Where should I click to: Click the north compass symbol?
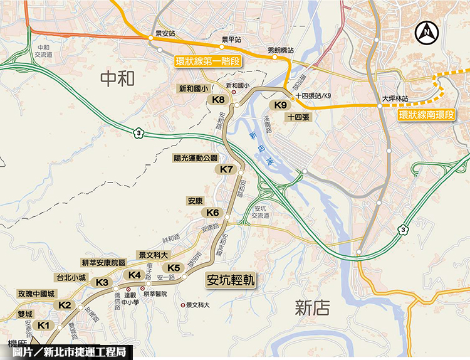coord(428,29)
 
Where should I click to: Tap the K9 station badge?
coord(281,105)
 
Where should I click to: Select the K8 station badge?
coord(219,100)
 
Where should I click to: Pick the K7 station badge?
coord(227,169)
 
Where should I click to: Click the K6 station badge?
coord(213,213)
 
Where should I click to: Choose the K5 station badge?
coord(174,268)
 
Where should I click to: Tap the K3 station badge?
coord(103,282)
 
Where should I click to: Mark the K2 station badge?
coord(65,305)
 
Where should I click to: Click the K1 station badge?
coord(43,325)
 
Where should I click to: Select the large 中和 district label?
coord(117,78)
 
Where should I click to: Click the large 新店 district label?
coord(312,307)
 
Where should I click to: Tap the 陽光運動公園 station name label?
coord(195,158)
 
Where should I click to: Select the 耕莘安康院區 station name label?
coord(104,262)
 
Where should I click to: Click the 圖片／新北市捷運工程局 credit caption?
coord(68,352)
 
